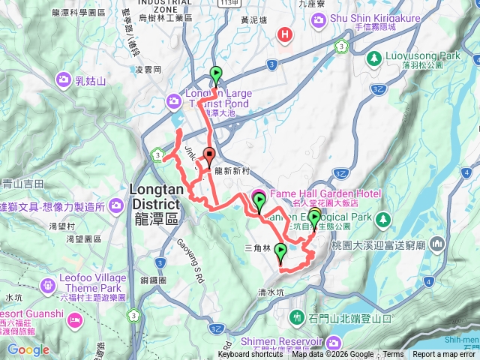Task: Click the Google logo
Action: click(28, 349)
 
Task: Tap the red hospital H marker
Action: click(284, 34)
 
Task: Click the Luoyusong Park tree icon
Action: click(373, 58)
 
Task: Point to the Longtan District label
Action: click(154, 196)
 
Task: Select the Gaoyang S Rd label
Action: click(190, 259)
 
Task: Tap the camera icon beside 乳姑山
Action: click(62, 79)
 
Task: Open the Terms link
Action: click(393, 355)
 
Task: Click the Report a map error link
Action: click(445, 355)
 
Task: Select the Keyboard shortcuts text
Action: click(250, 355)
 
